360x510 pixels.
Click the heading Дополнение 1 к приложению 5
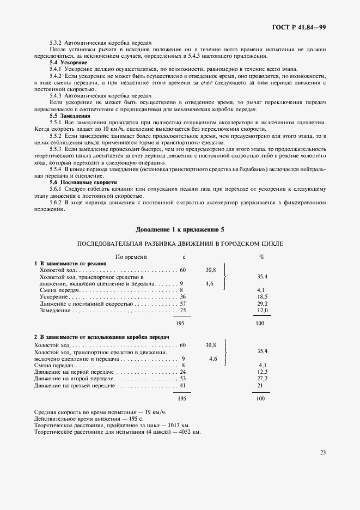pyautogui.click(x=180, y=229)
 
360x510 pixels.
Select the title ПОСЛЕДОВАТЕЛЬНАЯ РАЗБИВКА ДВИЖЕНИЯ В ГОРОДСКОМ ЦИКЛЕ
pyautogui.click(x=180, y=244)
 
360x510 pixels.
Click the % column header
pyautogui.click(x=261, y=256)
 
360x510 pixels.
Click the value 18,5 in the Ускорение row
pyautogui.click(x=261, y=296)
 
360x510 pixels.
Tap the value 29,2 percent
pyautogui.click(x=261, y=303)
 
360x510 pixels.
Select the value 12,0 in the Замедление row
pyautogui.click(x=261, y=310)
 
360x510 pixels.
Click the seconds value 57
pyautogui.click(x=183, y=303)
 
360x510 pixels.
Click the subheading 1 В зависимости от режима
pyautogui.click(x=70, y=263)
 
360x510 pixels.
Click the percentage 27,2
pyautogui.click(x=262, y=378)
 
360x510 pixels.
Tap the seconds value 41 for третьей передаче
pyautogui.click(x=183, y=385)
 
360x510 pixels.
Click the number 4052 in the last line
pyautogui.click(x=178, y=432)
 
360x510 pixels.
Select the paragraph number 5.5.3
pyautogui.click(x=56, y=149)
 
